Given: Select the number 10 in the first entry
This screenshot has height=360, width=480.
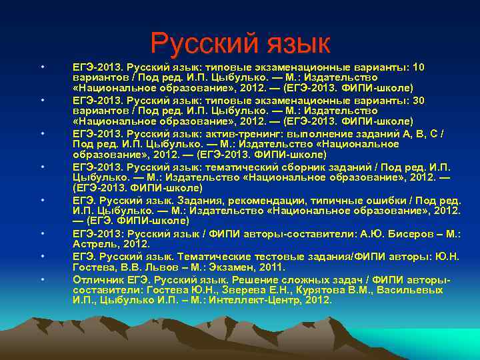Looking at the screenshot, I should [x=419, y=67].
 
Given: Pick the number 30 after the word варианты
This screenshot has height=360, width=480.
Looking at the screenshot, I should [x=419, y=100].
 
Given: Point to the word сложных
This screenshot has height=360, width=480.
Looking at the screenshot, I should [x=305, y=278].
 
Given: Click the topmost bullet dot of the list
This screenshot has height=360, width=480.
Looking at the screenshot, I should [x=42, y=67].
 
